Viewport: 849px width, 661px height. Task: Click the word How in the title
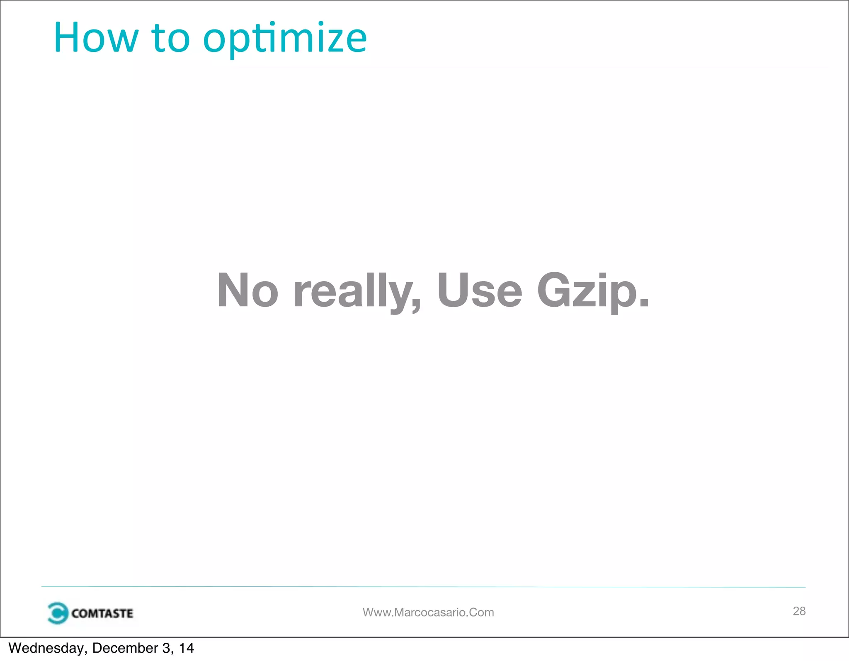tap(96, 38)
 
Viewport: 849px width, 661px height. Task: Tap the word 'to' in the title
tap(171, 38)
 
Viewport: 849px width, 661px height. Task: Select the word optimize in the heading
tap(285, 39)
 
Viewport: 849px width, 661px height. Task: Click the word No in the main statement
tap(247, 290)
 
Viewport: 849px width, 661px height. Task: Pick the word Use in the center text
tap(480, 290)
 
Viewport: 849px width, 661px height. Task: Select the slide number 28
tap(799, 611)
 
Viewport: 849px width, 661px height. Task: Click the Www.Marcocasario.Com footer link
tap(428, 612)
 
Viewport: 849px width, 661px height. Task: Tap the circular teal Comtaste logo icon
tap(57, 613)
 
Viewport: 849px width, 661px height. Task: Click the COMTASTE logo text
tap(102, 613)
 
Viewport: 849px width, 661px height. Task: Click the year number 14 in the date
tap(187, 648)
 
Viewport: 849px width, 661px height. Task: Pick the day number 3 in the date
tap(167, 648)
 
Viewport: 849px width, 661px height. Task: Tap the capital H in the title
tap(67, 38)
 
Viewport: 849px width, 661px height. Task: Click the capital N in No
tap(233, 290)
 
